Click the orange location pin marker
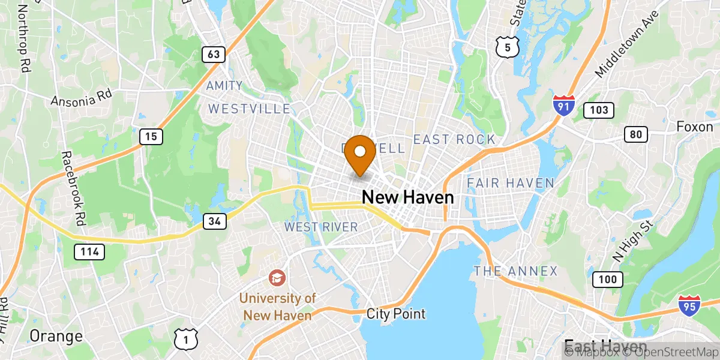pyautogui.click(x=361, y=152)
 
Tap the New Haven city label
pyautogui.click(x=407, y=197)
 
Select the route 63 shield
pyautogui.click(x=214, y=55)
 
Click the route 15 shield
pyautogui.click(x=151, y=137)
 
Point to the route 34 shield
pyautogui.click(x=215, y=222)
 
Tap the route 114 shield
pyautogui.click(x=90, y=251)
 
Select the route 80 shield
pyautogui.click(x=636, y=134)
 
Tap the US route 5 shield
pyautogui.click(x=508, y=46)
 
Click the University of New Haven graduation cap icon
pyautogui.click(x=277, y=278)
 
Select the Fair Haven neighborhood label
pyautogui.click(x=510, y=182)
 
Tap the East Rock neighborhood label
pyautogui.click(x=454, y=140)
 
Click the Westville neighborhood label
pyautogui.click(x=249, y=109)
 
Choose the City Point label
pyautogui.click(x=396, y=313)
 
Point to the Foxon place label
pyautogui.click(x=694, y=127)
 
